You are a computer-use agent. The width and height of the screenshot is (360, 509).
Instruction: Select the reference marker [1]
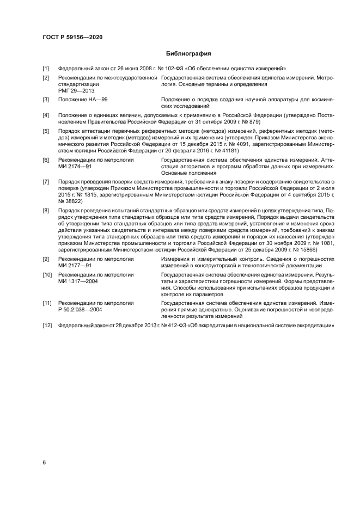[x=46, y=69]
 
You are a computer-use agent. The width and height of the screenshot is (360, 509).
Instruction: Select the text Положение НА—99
[x=83, y=100]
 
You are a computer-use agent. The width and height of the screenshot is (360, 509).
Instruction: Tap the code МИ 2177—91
[x=76, y=266]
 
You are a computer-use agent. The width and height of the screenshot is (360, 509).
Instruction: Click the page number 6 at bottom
[x=44, y=462]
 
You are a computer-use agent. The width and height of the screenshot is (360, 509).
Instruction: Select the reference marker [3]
[x=46, y=100]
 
